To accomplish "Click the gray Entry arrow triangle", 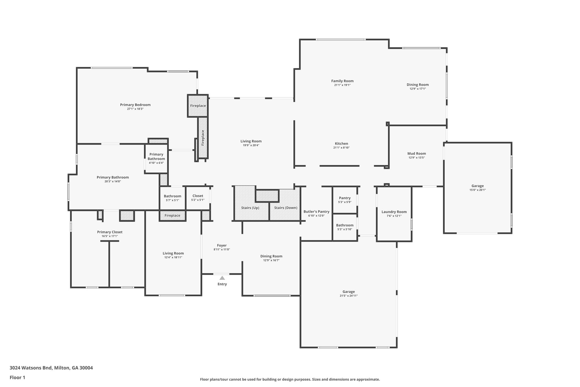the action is (x=222, y=278).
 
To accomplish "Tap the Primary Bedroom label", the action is (x=135, y=105).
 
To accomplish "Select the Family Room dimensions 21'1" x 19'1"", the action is (x=342, y=85).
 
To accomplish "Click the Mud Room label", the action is (x=417, y=154).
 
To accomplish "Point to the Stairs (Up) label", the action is (x=250, y=208).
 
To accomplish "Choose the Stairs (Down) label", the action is (x=286, y=208).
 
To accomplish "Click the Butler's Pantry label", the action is (x=316, y=212).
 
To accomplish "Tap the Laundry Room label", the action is (x=394, y=212).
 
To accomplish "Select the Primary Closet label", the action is (x=110, y=232).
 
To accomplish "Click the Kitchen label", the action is (x=342, y=144).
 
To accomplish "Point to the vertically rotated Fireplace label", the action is (x=203, y=138).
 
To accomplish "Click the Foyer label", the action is (x=222, y=246).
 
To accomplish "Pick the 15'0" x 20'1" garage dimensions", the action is (x=477, y=190).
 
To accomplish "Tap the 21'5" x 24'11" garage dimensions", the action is (x=349, y=296).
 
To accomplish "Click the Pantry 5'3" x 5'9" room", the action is (x=345, y=200).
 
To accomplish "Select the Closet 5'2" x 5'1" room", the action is (x=198, y=198).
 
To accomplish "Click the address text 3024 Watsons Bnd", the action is (x=31, y=368).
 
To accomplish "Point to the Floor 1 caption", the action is (x=18, y=377).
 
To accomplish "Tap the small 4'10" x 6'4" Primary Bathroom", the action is (x=156, y=158).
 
